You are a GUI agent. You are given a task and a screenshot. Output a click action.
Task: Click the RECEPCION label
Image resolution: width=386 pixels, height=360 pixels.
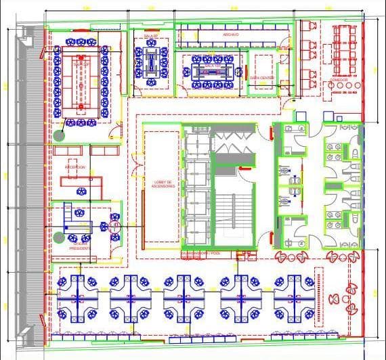[x=75, y=166]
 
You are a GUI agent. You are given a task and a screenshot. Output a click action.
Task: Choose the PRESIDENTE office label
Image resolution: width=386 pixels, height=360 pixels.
[x=80, y=248]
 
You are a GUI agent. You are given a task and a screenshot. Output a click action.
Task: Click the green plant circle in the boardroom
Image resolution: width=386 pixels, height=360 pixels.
[x=60, y=135]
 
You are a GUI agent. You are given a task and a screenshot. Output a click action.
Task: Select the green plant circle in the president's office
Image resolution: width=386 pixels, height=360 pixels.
[x=60, y=238]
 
